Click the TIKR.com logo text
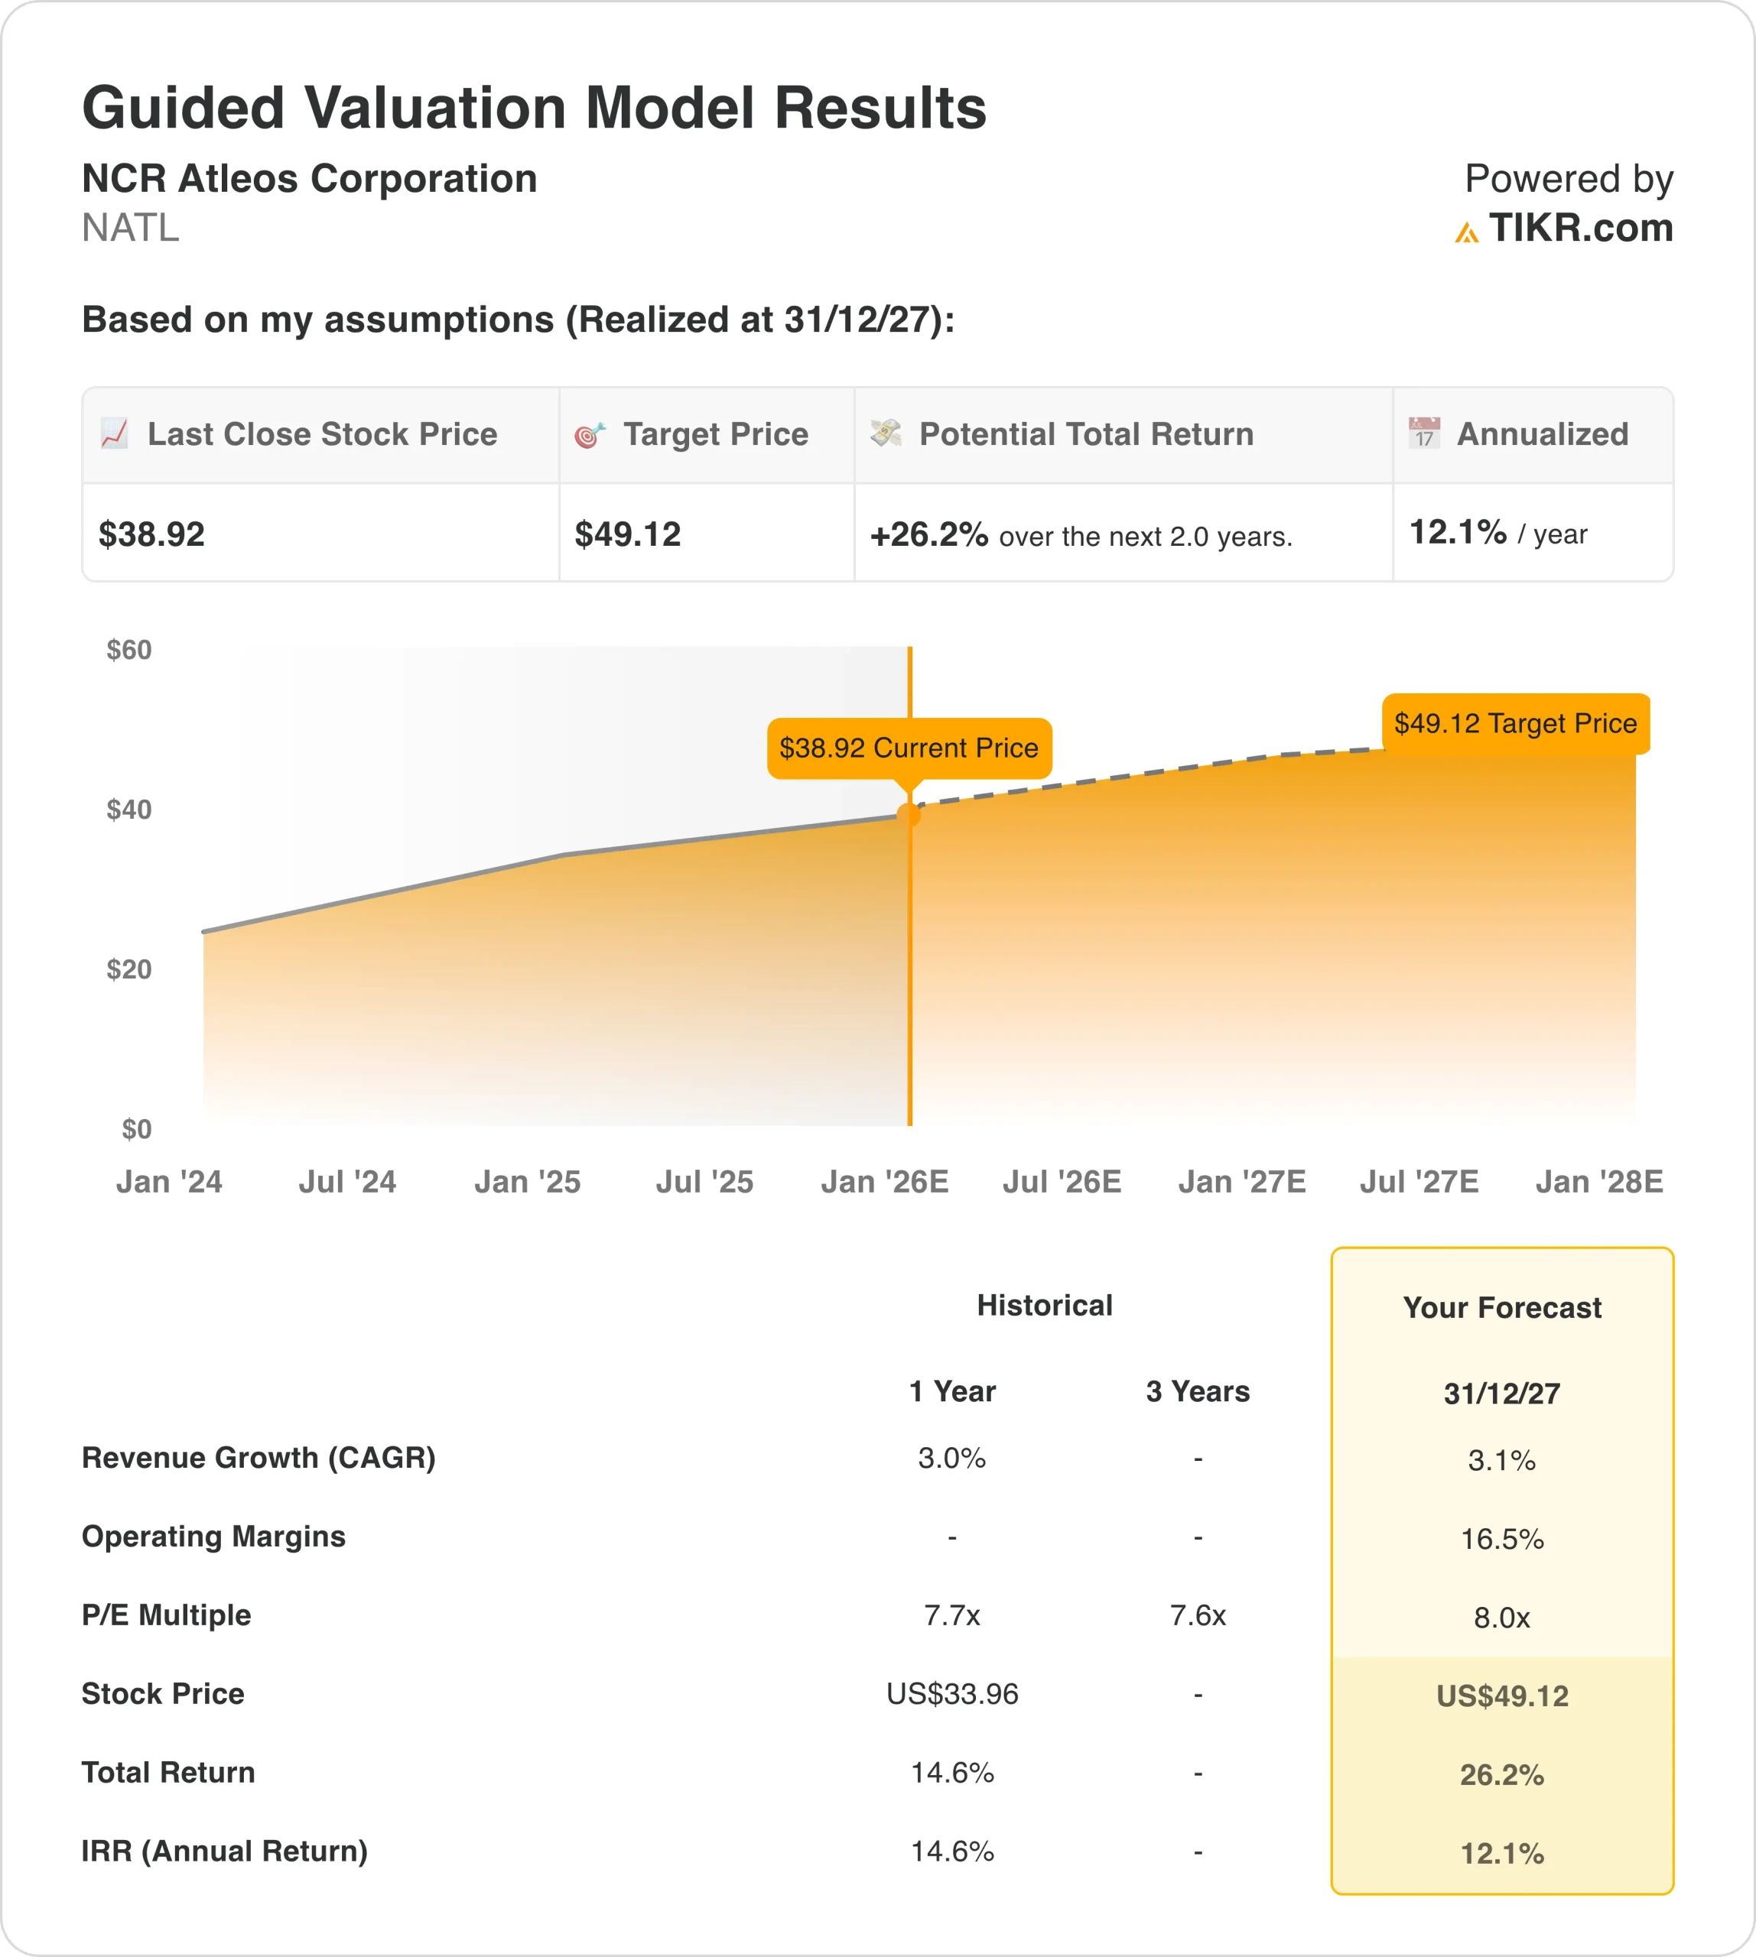point(1579,229)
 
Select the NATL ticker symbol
point(130,229)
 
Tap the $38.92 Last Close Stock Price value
point(151,534)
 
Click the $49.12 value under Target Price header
point(627,534)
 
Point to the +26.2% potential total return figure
point(928,534)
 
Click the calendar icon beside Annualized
point(1423,433)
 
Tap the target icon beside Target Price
point(590,435)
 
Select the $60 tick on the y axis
point(129,650)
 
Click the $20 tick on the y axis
point(129,969)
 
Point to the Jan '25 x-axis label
point(527,1182)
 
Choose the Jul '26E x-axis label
point(1062,1182)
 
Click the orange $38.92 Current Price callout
point(908,748)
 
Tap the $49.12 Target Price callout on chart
point(1515,723)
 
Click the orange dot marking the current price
point(909,814)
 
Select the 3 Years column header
point(1198,1392)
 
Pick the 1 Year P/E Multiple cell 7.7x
point(951,1615)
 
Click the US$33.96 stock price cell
point(951,1694)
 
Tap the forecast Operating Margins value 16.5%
point(1501,1540)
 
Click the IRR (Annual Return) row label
point(225,1851)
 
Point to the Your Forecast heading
point(1501,1308)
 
